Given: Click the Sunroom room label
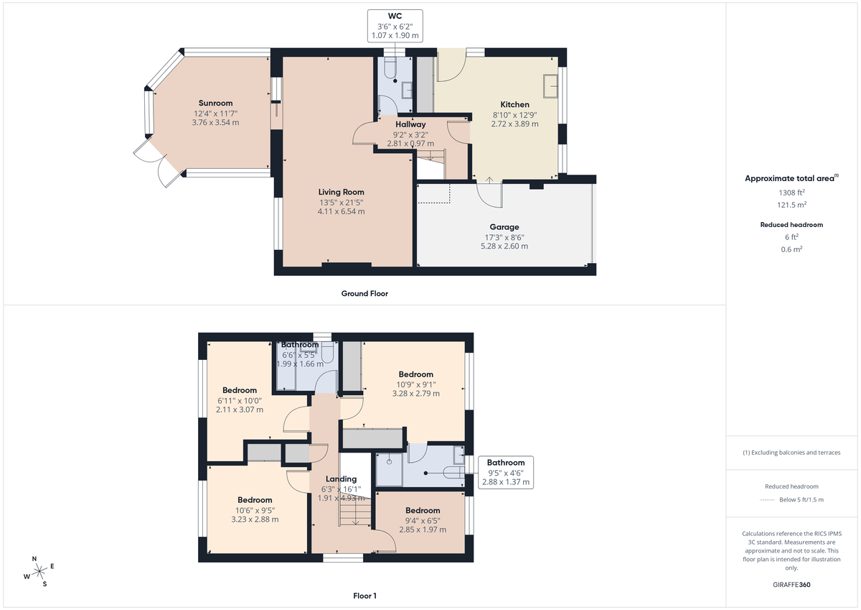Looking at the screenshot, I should [215, 103].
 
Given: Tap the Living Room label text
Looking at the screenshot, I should [342, 192].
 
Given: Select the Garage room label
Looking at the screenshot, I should [504, 227].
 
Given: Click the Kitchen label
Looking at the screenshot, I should [514, 105].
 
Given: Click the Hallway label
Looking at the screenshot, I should [410, 125].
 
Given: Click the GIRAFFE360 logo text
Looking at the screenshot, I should [791, 585].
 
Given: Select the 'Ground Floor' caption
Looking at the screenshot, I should [364, 293].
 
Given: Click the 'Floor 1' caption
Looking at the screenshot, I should [364, 596].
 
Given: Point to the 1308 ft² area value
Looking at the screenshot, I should [791, 193].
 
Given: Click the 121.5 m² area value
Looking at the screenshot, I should [791, 205].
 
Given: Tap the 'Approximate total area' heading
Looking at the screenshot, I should [790, 178].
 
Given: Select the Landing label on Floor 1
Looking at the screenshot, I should [342, 479].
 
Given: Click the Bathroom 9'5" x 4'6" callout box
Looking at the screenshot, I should [506, 472].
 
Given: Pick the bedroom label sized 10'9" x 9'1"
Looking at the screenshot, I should [416, 374].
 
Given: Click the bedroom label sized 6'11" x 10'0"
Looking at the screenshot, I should [240, 391].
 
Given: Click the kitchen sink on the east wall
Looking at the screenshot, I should [551, 85].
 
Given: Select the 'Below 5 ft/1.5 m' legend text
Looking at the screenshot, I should [801, 500].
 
